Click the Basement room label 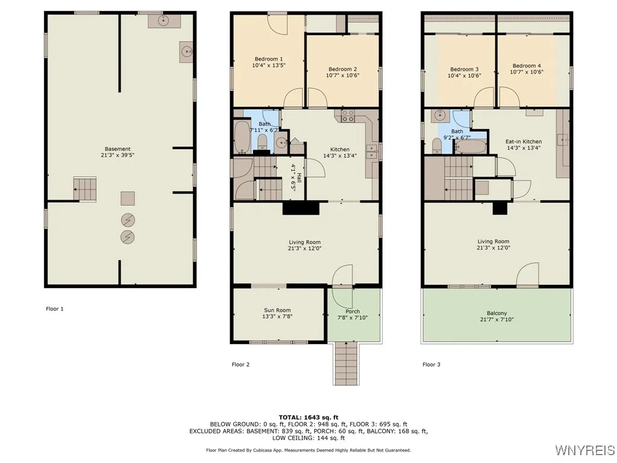pyautogui.click(x=117, y=149)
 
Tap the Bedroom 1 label pyautogui.click(x=269, y=58)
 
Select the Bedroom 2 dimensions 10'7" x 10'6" pyautogui.click(x=343, y=75)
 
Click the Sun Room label pyautogui.click(x=277, y=310)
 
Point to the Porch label pyautogui.click(x=352, y=311)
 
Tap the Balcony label pyautogui.click(x=496, y=313)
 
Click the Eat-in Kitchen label pyautogui.click(x=523, y=141)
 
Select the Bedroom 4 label pyautogui.click(x=527, y=66)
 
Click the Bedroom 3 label pyautogui.click(x=465, y=69)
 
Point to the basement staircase pyautogui.click(x=85, y=189)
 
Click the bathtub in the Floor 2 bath pyautogui.click(x=241, y=138)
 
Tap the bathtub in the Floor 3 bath pyautogui.click(x=470, y=146)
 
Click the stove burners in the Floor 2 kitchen pyautogui.click(x=348, y=116)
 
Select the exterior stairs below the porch pyautogui.click(x=345, y=363)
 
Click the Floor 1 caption pyautogui.click(x=54, y=309)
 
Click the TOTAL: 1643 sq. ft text pyautogui.click(x=308, y=417)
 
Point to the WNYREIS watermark pyautogui.click(x=584, y=450)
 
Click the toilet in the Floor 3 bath pyautogui.click(x=437, y=145)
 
